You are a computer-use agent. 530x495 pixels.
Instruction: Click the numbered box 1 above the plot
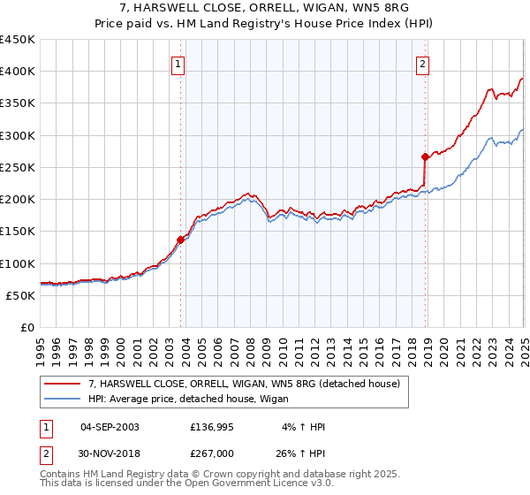tap(178, 63)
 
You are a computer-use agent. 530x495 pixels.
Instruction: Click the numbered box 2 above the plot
tap(423, 63)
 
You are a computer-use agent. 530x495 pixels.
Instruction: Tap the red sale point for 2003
tap(180, 239)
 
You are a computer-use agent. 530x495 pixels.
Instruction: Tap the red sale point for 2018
tap(425, 156)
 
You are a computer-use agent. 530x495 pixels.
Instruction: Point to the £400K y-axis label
tap(17, 72)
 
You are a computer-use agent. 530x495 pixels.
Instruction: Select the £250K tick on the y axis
tap(17, 167)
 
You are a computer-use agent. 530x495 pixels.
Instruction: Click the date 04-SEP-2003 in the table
tap(110, 427)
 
